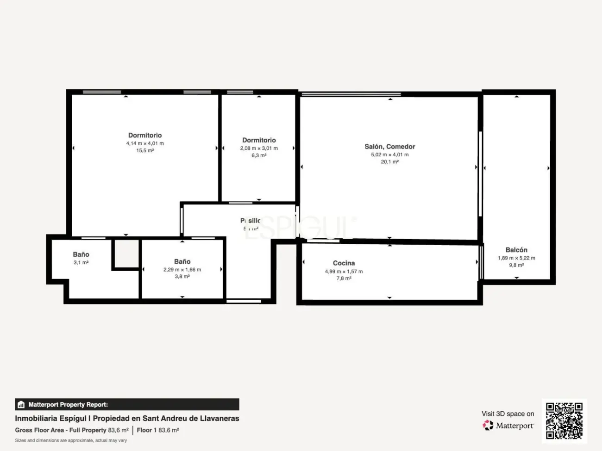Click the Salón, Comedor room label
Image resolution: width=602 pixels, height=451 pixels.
tap(389, 147)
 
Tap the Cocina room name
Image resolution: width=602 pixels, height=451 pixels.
tap(344, 263)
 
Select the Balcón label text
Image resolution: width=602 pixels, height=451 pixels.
tap(516, 250)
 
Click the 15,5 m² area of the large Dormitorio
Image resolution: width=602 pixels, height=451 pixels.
tap(145, 151)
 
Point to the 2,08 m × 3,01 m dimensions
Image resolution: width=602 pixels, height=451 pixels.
tap(259, 148)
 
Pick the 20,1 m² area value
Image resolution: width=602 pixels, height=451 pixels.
tap(389, 162)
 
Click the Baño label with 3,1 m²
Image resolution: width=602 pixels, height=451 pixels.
tap(81, 254)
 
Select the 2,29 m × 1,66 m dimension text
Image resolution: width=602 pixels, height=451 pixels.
tap(182, 270)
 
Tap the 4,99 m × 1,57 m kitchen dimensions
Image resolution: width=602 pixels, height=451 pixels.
tap(344, 272)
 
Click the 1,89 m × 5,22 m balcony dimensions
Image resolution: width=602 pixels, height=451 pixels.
tap(516, 258)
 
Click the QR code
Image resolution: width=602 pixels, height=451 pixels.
tap(564, 420)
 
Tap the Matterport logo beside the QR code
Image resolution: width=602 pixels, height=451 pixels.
tap(508, 426)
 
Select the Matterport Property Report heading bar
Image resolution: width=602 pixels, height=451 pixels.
tap(127, 405)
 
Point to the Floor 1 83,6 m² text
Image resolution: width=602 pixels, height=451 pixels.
tap(158, 430)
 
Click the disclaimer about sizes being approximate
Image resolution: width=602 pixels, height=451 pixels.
tap(71, 440)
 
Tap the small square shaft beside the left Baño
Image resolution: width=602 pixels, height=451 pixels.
tap(126, 253)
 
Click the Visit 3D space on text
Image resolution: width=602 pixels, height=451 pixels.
tap(508, 414)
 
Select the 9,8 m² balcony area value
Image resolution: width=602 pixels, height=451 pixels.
tap(516, 266)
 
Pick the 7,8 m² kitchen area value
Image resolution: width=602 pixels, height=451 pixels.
tap(344, 278)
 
